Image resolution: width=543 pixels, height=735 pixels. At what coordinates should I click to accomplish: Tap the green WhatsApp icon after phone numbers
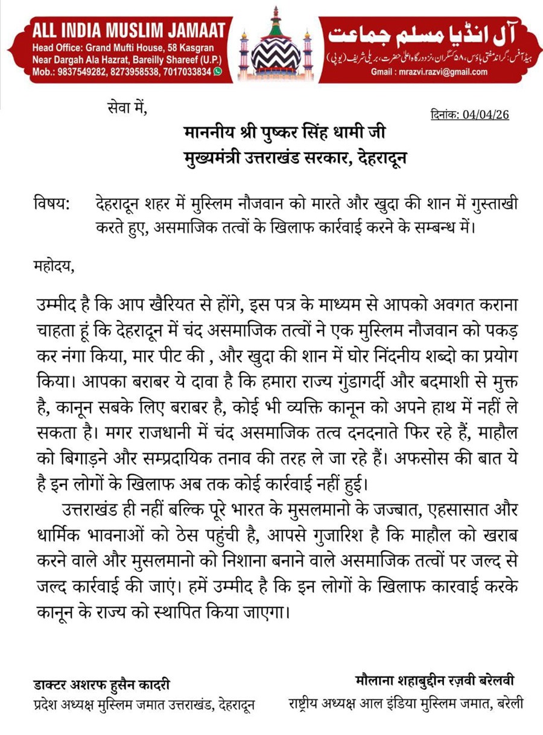(218, 71)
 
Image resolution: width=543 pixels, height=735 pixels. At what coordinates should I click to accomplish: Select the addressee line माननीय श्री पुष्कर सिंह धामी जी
(284, 132)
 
